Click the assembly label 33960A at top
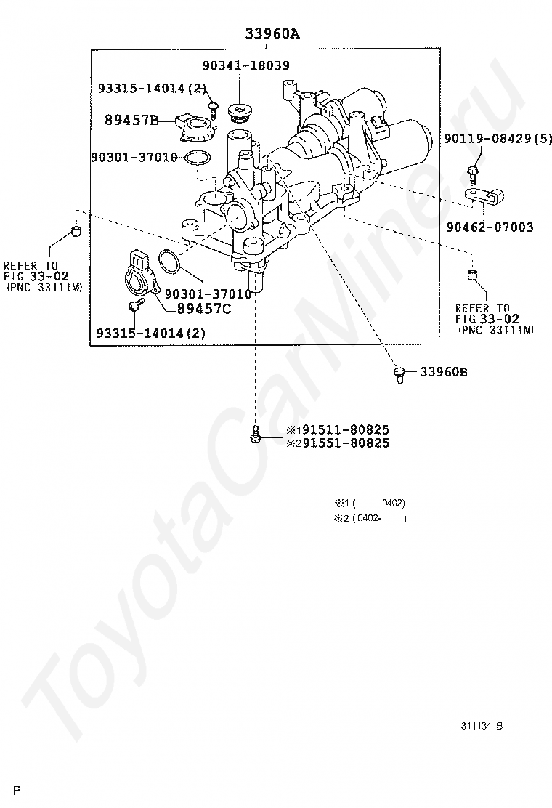click(x=272, y=34)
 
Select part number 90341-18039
click(x=245, y=65)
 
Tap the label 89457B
click(x=131, y=120)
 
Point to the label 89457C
click(x=204, y=309)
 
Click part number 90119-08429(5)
click(x=498, y=138)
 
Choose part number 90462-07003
click(x=490, y=227)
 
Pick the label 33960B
click(x=444, y=371)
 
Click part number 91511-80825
click(x=346, y=429)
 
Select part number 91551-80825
click(x=346, y=443)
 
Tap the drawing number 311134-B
click(x=482, y=726)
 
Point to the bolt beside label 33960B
click(x=399, y=375)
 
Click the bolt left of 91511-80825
click(x=254, y=435)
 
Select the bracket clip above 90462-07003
click(x=484, y=195)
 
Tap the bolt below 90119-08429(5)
click(x=472, y=174)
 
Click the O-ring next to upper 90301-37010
click(x=198, y=158)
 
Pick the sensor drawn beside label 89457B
click(x=195, y=126)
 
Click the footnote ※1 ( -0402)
click(x=370, y=503)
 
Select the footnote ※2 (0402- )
click(x=370, y=518)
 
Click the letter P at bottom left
click(x=17, y=791)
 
